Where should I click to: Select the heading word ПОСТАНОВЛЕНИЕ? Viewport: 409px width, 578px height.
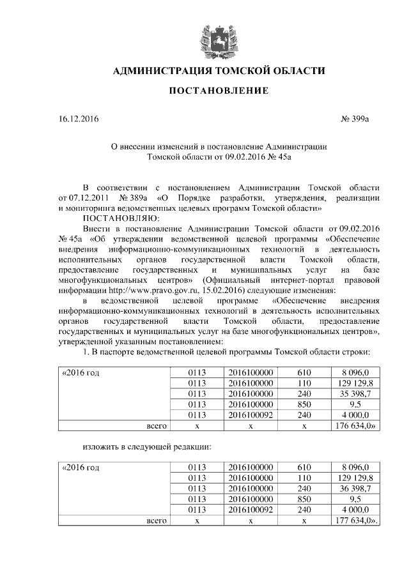pyautogui.click(x=219, y=91)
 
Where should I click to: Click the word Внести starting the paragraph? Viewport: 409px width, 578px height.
pyautogui.click(x=96, y=228)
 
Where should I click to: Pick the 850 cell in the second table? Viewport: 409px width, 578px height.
pyautogui.click(x=304, y=499)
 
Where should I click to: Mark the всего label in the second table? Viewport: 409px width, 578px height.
pyautogui.click(x=156, y=521)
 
